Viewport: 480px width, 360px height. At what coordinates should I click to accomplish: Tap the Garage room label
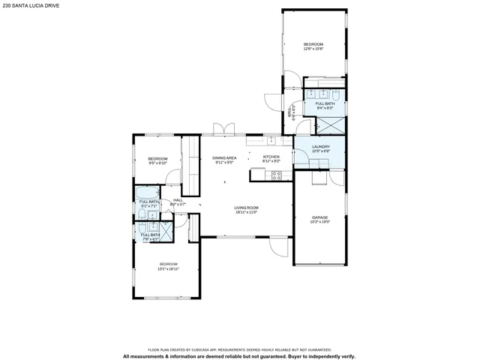pyautogui.click(x=319, y=217)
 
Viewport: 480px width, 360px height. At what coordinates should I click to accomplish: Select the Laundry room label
pyautogui.click(x=320, y=147)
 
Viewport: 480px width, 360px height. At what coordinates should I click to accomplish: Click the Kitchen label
pyautogui.click(x=271, y=157)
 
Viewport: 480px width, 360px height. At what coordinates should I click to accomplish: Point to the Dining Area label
pyautogui.click(x=224, y=157)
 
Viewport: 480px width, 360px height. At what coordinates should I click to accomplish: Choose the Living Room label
pyautogui.click(x=246, y=208)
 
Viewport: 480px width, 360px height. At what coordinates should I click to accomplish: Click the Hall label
pyautogui.click(x=178, y=199)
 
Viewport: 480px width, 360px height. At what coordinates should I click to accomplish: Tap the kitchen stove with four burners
pyautogui.click(x=276, y=175)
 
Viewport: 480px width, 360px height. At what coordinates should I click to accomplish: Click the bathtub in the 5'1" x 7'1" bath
pyautogui.click(x=146, y=193)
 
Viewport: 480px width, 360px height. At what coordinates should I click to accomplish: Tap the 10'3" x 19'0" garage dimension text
pyautogui.click(x=319, y=222)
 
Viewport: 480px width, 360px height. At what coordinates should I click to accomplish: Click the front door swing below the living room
pyautogui.click(x=280, y=248)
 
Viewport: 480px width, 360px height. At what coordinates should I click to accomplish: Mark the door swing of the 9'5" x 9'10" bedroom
pyautogui.click(x=173, y=178)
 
